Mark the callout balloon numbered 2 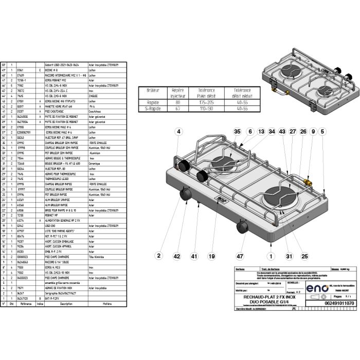coord(159,255)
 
